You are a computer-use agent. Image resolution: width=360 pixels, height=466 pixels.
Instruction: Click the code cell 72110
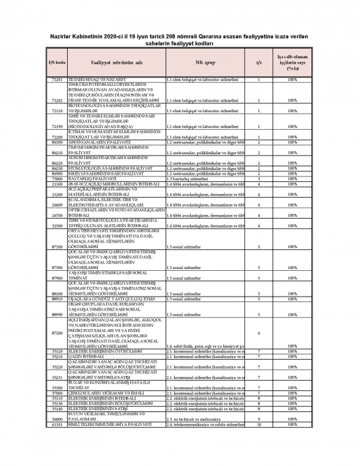pyautogui.click(x=58, y=112)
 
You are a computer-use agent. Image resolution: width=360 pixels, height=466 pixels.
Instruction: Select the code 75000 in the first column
pyautogui.click(x=58, y=179)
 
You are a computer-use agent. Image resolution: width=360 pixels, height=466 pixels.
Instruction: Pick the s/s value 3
pyautogui.click(x=259, y=179)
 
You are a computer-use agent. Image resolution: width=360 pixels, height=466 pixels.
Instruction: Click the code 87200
pyautogui.click(x=58, y=333)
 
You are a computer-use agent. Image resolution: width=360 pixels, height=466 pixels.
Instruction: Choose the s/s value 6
pyautogui.click(x=259, y=333)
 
